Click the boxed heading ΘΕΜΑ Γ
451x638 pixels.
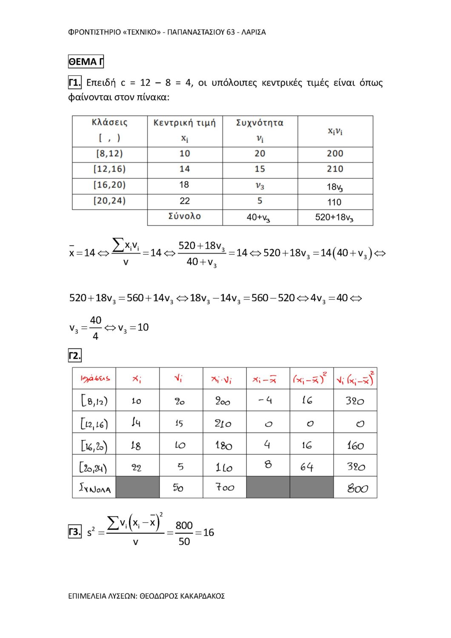coord(86,62)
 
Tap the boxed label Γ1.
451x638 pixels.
coord(74,82)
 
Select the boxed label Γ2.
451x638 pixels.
coord(74,356)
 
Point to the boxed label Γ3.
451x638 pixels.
coord(74,532)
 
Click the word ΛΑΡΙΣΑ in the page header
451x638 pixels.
coord(254,32)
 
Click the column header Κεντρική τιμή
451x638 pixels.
coord(185,123)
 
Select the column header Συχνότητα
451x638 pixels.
coord(260,123)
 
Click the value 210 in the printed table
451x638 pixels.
coord(335,169)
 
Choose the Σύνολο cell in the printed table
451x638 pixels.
coord(185,216)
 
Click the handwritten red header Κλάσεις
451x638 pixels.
coord(95,378)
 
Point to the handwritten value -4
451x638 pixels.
coord(265,400)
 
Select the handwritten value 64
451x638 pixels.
coord(307,467)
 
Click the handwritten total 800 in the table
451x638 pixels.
coord(357,488)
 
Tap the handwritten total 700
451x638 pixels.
coord(225,487)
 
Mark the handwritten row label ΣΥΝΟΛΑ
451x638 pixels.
coord(95,488)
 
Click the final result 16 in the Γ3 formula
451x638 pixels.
coord(208,533)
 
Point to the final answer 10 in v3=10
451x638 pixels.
coord(143,328)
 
